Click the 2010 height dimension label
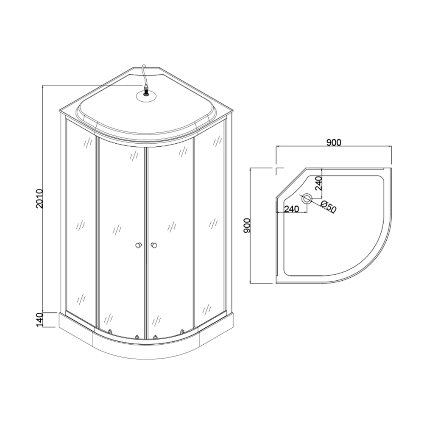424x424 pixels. pos(39,198)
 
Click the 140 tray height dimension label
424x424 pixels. pos(39,320)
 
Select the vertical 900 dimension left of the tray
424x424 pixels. pos(247,226)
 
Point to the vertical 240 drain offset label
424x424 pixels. pos(318,184)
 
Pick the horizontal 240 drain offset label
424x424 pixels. pos(291,209)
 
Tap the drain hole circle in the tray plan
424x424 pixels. pos(307,199)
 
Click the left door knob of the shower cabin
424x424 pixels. pos(139,245)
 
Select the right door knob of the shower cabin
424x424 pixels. pos(154,245)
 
